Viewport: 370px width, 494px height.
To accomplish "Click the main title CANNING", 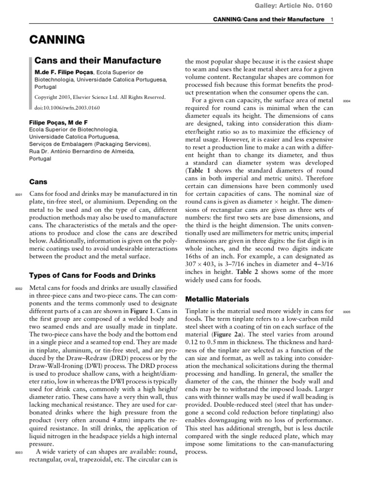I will [x=57, y=40].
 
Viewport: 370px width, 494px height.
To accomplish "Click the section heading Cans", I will [x=39, y=182].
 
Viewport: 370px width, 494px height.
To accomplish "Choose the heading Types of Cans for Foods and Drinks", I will [x=92, y=275].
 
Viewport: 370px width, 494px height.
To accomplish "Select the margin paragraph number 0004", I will [x=346, y=101].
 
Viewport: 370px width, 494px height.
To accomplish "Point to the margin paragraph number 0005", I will [x=346, y=313].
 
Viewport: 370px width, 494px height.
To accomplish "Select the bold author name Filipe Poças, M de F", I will [x=59, y=123].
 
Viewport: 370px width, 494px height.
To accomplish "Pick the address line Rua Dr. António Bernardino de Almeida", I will [x=82, y=151].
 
